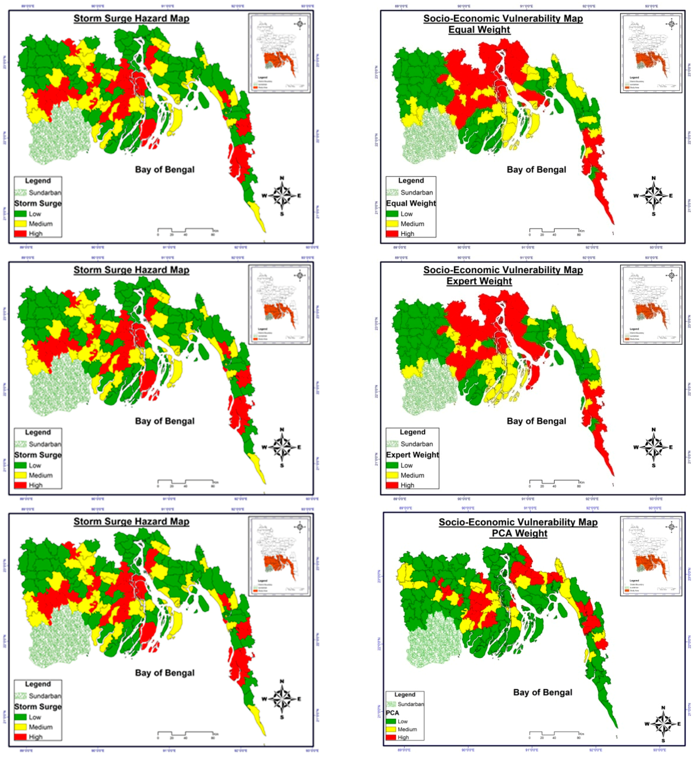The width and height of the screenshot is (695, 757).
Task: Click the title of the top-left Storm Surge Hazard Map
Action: click(131, 18)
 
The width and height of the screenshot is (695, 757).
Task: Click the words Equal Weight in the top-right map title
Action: click(479, 30)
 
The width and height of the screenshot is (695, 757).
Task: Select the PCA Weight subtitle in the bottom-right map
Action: click(519, 533)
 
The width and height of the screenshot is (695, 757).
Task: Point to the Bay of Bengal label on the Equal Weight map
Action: click(536, 170)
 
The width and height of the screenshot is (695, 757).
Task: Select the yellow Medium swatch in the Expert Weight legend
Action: click(392, 475)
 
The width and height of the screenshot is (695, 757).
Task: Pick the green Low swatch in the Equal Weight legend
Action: click(392, 214)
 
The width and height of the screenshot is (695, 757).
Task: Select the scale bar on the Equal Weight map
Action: click(554, 230)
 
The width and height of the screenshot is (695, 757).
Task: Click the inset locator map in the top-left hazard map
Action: click(279, 53)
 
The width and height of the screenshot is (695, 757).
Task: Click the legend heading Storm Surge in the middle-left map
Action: click(38, 455)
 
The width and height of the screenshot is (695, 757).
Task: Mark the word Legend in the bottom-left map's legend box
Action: click(38, 684)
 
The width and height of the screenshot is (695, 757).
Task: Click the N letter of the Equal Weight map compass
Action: click(654, 178)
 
